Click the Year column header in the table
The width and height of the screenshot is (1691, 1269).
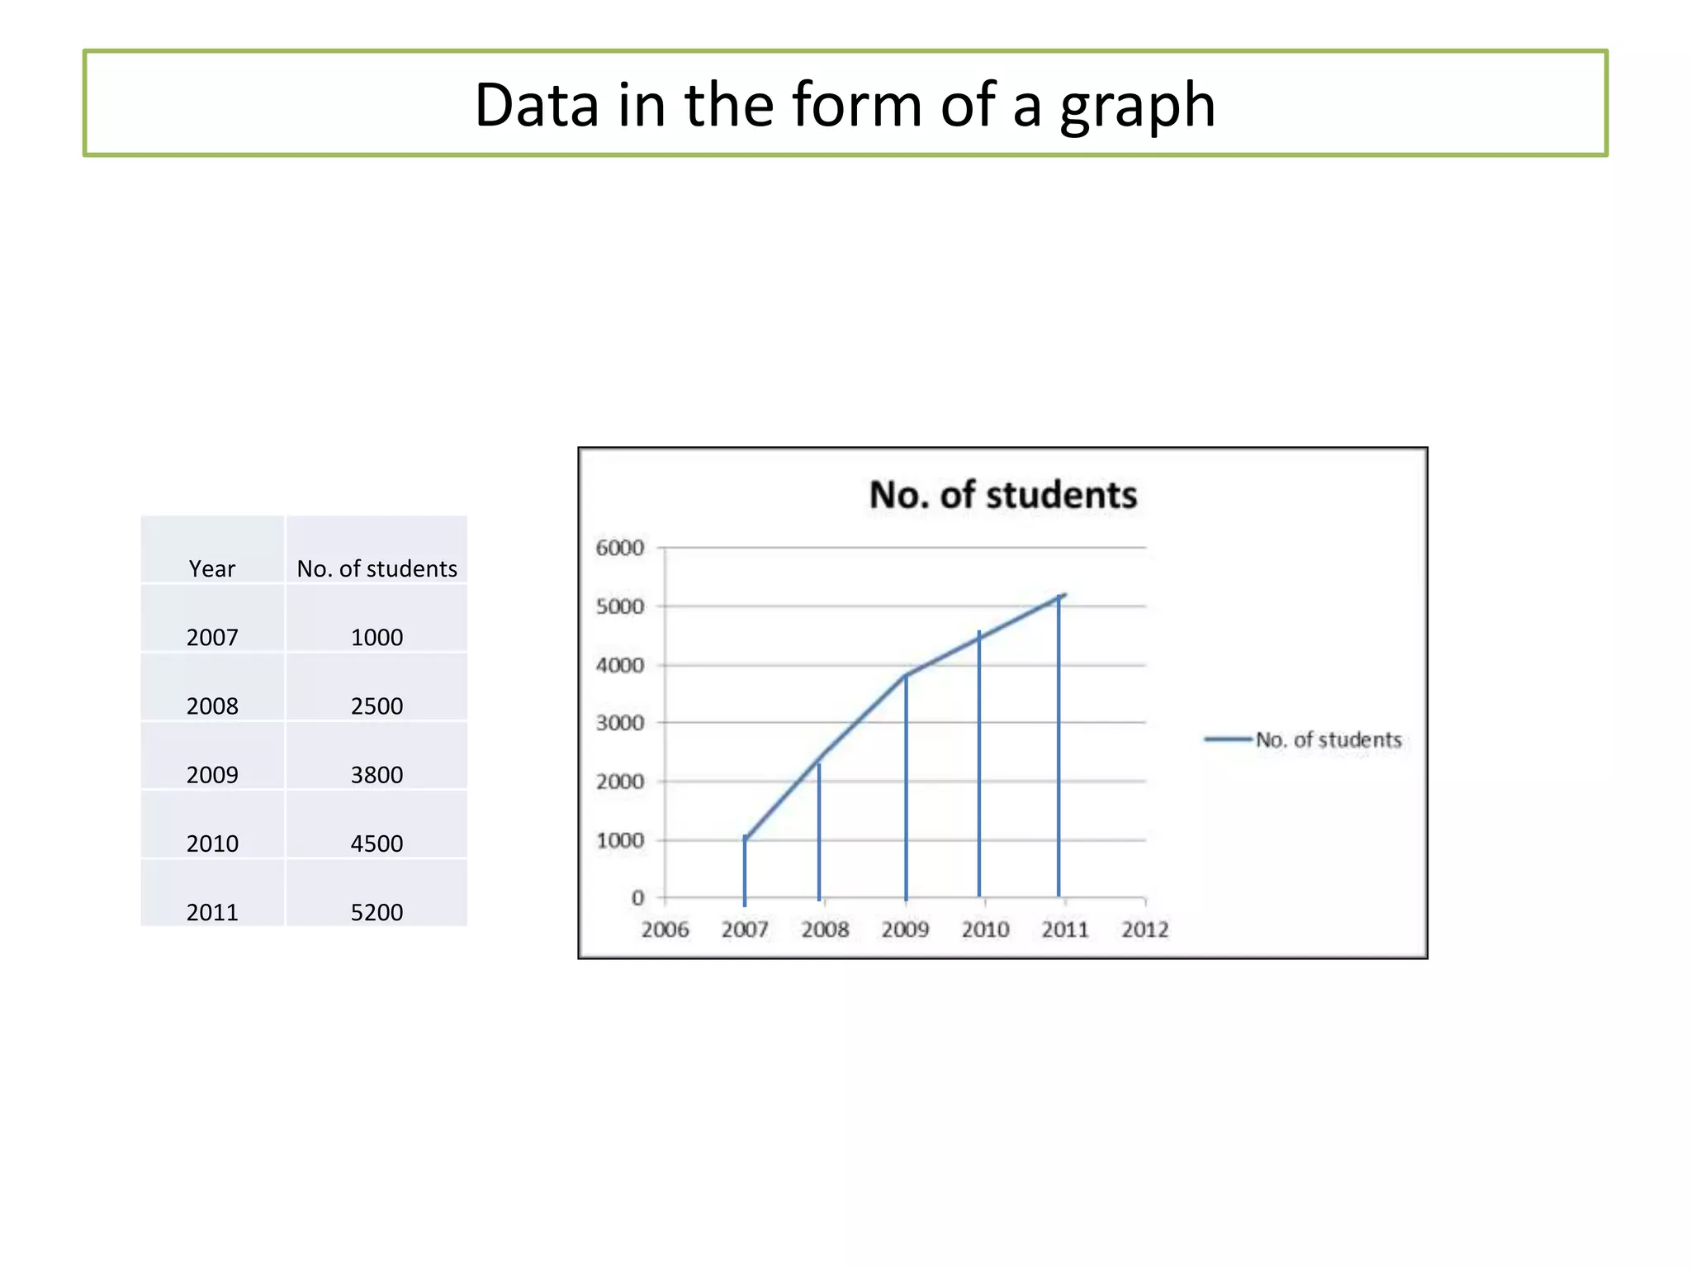212,568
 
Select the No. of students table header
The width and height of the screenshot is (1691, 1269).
377,568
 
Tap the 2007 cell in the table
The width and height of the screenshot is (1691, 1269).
212,637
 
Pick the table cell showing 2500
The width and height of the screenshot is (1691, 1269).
377,706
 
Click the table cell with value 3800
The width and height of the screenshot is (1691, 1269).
377,774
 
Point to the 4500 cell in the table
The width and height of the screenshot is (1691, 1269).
377,843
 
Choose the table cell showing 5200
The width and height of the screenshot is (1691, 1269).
377,911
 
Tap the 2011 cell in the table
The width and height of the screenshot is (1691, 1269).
212,911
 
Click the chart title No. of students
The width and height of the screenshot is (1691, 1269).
1002,495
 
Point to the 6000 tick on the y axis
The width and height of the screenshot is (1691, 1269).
619,548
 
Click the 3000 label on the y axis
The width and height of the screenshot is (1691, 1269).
619,723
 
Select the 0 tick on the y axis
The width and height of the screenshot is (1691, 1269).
637,897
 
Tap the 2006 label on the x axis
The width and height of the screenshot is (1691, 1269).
665,929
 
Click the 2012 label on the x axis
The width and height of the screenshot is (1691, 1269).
1144,929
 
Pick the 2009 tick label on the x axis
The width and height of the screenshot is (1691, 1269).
905,929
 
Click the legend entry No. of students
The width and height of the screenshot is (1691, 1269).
1328,739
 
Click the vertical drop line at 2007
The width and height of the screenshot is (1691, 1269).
745,872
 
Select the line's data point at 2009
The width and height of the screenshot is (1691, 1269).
906,676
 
